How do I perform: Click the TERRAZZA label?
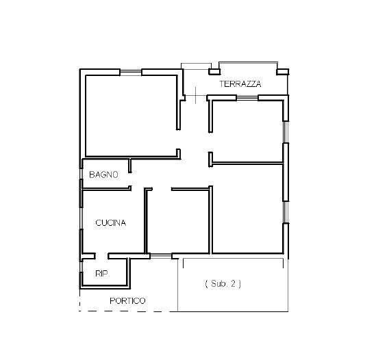(x=240, y=84)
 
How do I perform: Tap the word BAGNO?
(x=103, y=175)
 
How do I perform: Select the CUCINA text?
(x=110, y=223)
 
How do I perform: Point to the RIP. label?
(x=103, y=274)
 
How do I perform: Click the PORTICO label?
(x=127, y=301)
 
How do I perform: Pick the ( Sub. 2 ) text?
(x=223, y=284)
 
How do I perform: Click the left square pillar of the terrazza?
(x=214, y=71)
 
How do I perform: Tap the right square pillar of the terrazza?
(x=282, y=72)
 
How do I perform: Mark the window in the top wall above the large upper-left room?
(x=131, y=72)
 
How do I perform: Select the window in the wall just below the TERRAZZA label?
(x=247, y=98)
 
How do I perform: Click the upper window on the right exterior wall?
(x=286, y=132)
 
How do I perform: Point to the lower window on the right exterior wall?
(x=286, y=212)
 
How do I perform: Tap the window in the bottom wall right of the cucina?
(x=161, y=256)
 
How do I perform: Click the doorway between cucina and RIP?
(x=101, y=256)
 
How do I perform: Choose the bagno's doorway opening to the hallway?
(x=130, y=179)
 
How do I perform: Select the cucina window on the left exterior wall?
(x=81, y=218)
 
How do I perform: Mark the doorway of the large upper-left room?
(x=178, y=140)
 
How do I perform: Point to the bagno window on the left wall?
(x=81, y=174)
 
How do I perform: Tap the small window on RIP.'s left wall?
(x=81, y=266)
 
